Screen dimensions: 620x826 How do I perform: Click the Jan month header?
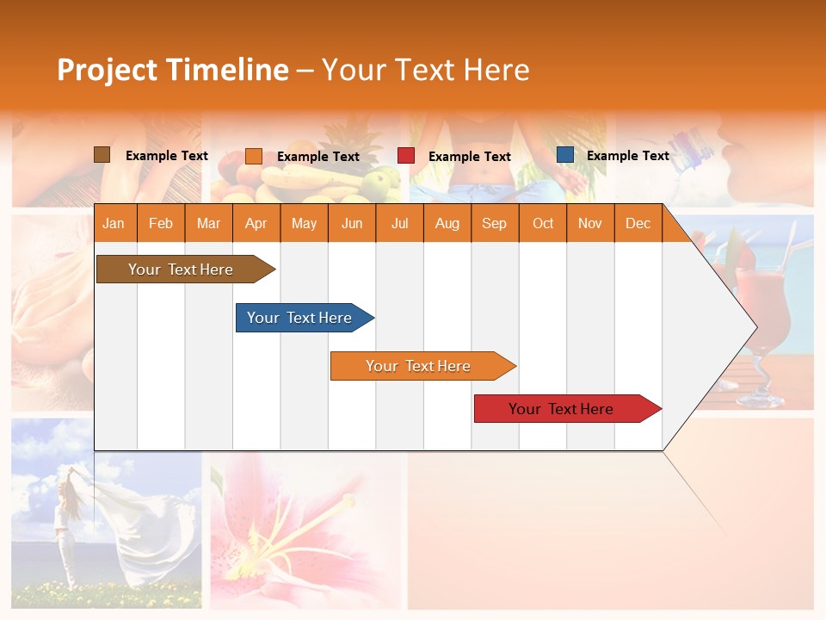point(114,223)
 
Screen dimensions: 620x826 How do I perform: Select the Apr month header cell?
point(256,223)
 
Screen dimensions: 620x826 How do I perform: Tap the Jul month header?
point(400,223)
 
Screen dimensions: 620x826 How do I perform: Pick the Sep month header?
point(495,223)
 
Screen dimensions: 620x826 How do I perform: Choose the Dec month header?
point(638,223)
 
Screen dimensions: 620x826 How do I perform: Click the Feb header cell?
point(161,223)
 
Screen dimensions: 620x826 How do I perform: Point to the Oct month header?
point(543,223)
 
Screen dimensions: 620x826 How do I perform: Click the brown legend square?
point(102,155)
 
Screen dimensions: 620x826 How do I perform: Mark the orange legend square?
point(254,156)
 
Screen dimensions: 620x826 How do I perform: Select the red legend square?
point(406,156)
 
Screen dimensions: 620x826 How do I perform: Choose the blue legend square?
point(565,155)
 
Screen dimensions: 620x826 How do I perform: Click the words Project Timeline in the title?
point(173,70)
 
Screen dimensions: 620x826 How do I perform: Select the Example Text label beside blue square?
point(627,156)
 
